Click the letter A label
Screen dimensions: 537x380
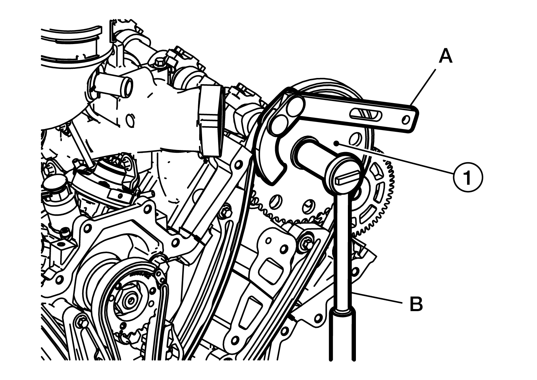[446, 55]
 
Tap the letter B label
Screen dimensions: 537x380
[416, 304]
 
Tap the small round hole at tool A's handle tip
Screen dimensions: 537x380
[406, 119]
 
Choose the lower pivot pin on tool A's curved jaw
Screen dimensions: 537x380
[278, 124]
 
